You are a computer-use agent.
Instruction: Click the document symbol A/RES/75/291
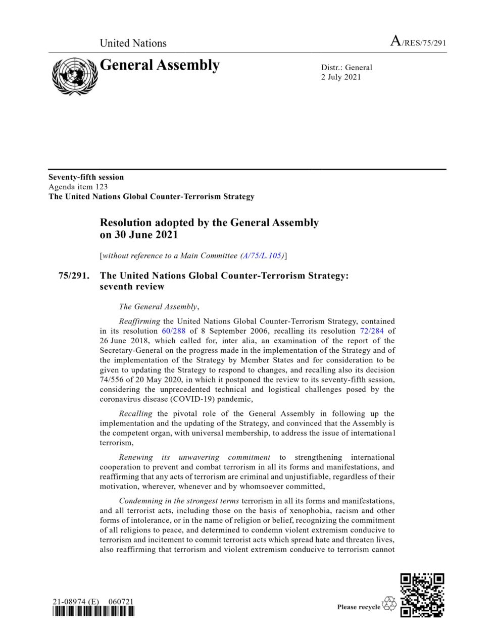tap(418, 42)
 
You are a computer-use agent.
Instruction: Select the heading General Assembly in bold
tap(160, 66)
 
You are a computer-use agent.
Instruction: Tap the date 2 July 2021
tap(341, 77)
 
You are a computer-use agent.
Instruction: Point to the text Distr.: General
tap(346, 68)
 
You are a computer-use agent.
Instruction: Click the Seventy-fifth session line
tap(86, 177)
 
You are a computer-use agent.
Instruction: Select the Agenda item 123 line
tap(78, 187)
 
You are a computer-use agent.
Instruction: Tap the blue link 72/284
tap(372, 331)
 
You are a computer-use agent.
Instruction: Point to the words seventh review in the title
tap(132, 287)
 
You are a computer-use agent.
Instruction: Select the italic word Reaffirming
tap(139, 321)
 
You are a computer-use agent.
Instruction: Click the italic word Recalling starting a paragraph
tap(135, 414)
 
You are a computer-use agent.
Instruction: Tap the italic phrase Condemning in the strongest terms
tap(179, 501)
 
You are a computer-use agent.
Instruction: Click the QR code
tap(422, 595)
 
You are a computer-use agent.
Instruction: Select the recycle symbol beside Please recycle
tap(389, 604)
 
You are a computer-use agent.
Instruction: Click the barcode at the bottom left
tap(93, 611)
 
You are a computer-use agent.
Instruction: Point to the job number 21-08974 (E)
tap(76, 602)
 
